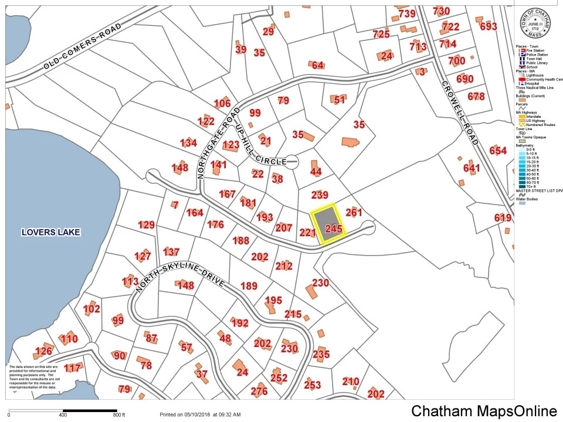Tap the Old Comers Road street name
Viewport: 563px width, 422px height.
tap(83, 47)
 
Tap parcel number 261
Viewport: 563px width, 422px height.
tap(354, 213)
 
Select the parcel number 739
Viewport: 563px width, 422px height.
tap(406, 13)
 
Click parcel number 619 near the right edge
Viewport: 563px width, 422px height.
tap(503, 218)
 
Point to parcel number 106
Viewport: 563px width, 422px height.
tap(222, 104)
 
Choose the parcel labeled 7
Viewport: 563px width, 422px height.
tap(175, 205)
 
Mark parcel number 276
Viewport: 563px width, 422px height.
tap(259, 392)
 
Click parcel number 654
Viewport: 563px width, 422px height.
tap(498, 151)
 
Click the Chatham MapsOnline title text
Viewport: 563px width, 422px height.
tap(484, 411)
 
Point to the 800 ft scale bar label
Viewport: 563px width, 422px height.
tap(120, 416)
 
